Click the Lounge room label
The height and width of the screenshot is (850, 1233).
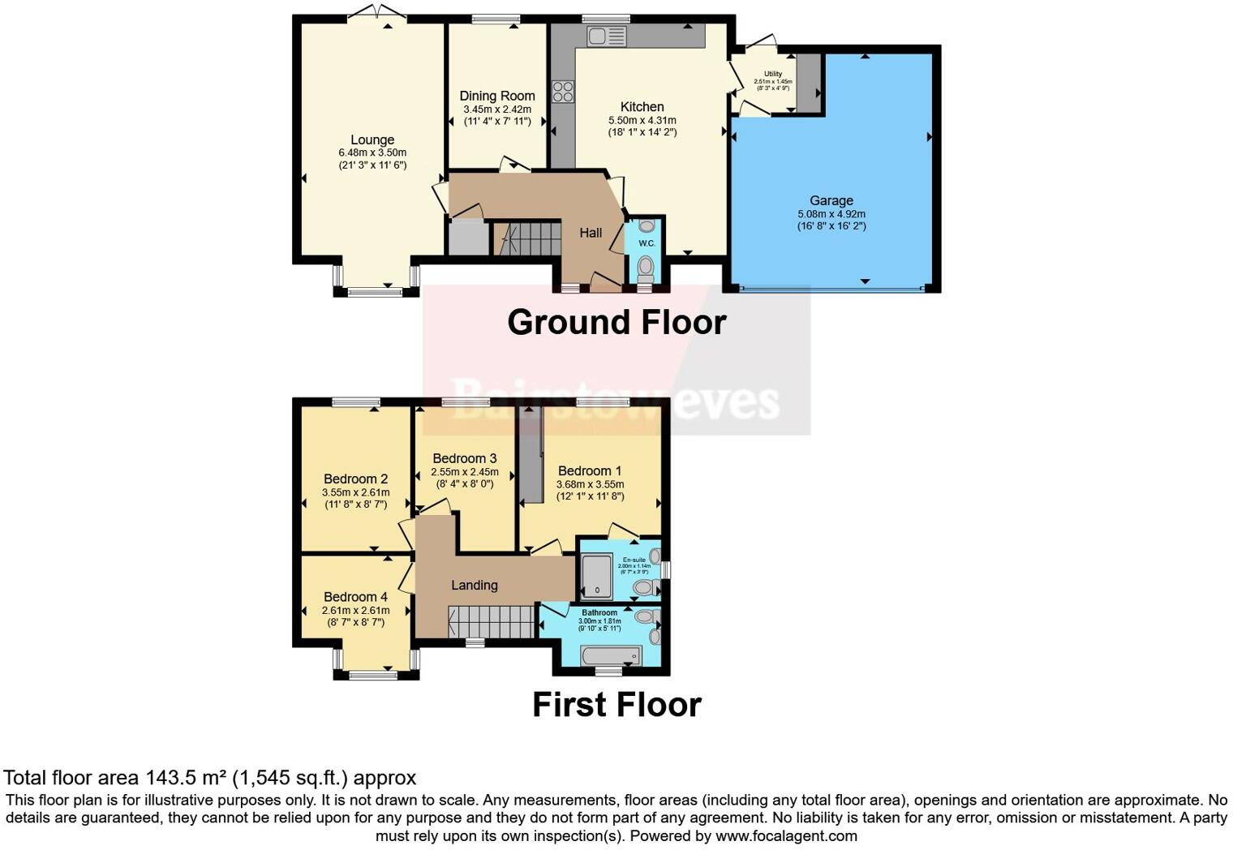click(372, 140)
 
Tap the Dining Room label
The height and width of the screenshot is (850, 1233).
click(496, 96)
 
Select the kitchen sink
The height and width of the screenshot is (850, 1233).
click(607, 36)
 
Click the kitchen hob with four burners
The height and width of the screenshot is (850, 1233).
click(563, 92)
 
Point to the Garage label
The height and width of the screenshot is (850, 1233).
click(831, 200)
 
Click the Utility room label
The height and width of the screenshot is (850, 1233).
click(772, 74)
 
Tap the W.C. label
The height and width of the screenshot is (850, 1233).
click(647, 243)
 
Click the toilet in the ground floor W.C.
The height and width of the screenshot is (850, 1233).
click(646, 267)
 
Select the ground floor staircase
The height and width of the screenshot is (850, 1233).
click(528, 239)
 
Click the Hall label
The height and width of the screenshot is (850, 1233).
click(591, 233)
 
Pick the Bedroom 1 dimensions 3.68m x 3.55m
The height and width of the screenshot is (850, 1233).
click(590, 484)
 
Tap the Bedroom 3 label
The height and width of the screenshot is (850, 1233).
click(464, 458)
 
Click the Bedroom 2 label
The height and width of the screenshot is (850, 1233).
click(355, 479)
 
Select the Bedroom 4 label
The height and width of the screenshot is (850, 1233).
click(355, 597)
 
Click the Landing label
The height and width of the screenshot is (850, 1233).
click(475, 585)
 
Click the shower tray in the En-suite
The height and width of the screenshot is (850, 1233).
click(597, 577)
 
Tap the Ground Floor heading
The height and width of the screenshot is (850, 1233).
click(616, 322)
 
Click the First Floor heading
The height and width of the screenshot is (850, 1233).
click(616, 704)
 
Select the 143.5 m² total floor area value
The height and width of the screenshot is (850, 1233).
click(186, 778)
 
